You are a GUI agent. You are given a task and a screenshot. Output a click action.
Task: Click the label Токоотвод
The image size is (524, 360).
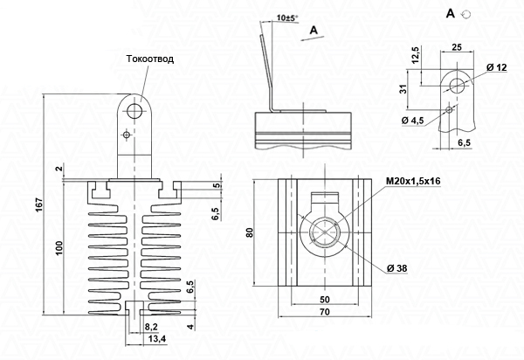point(150,59)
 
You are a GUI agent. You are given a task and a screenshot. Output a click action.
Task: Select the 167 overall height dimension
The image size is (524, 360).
point(39,204)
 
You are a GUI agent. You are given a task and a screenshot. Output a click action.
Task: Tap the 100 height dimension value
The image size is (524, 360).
point(59,247)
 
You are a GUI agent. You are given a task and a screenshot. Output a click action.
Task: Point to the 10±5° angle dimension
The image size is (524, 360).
point(286,17)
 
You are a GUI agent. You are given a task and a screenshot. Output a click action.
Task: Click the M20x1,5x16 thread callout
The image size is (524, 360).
point(413,181)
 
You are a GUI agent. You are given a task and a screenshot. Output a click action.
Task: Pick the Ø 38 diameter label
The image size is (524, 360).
point(397,268)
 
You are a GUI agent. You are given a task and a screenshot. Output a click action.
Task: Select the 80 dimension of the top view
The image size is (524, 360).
point(249,232)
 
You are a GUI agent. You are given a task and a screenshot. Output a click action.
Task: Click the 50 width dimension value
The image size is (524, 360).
point(325,299)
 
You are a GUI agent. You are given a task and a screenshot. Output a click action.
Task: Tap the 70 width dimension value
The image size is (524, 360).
point(325,312)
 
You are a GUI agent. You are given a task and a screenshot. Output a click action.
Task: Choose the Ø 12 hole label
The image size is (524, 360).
point(497,67)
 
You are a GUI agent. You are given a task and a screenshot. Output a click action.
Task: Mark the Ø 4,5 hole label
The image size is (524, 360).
point(413,121)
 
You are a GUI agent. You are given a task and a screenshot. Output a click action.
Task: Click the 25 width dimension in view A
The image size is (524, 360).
point(457,47)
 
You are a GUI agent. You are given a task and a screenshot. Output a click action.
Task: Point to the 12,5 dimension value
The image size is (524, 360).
point(416,55)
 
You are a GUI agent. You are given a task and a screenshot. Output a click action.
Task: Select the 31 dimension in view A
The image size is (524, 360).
point(404,89)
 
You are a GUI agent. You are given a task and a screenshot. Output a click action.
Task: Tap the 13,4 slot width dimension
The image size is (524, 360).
point(157,339)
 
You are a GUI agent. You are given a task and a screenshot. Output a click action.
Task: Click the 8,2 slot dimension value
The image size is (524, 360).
point(151,327)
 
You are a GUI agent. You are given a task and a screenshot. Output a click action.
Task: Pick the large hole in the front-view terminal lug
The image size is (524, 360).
point(134,111)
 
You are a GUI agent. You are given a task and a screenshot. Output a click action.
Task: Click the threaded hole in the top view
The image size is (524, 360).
point(325,232)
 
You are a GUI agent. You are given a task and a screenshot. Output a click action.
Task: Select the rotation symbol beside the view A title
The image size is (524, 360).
point(465,14)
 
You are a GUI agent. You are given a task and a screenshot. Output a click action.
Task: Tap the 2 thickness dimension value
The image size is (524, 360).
point(59,169)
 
